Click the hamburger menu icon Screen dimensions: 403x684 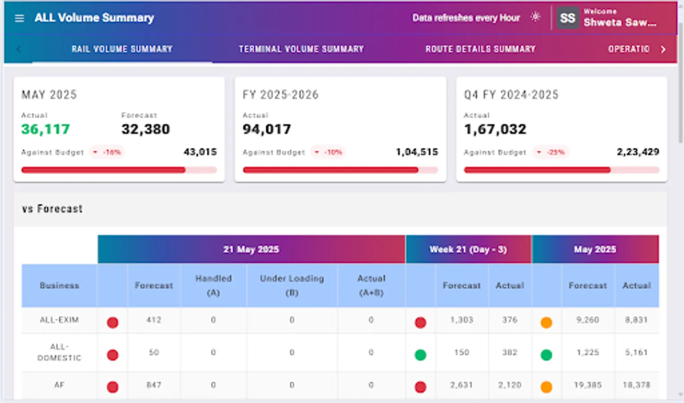(19, 18)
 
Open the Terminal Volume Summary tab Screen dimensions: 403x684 (301, 49)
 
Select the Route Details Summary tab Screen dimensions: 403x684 (480, 49)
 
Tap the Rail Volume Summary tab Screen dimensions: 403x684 (122, 49)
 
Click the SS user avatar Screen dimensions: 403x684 (567, 18)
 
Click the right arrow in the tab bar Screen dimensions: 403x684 (663, 49)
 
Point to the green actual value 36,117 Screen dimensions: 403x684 (45, 129)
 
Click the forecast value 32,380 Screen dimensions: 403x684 (145, 129)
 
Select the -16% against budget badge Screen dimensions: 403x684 (108, 152)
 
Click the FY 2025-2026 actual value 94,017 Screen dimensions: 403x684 (267, 129)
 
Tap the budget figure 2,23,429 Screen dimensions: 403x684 (637, 152)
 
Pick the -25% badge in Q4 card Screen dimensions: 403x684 (551, 152)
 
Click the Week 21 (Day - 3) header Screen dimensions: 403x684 (468, 249)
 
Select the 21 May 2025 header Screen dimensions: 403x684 (251, 249)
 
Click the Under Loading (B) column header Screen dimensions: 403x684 (292, 285)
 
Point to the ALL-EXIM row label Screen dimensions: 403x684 (59, 320)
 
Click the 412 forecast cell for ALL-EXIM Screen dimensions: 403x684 (154, 320)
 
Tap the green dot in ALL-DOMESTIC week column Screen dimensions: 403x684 (420, 355)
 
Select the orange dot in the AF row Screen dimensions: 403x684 (546, 387)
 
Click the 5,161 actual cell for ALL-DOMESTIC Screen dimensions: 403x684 (636, 352)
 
